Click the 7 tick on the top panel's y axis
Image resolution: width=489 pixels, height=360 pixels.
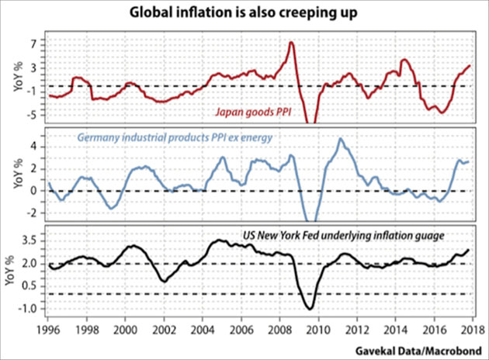pos(35,44)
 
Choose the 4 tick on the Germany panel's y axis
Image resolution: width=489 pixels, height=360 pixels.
pos(35,145)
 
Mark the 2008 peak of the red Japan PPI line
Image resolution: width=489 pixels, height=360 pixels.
pos(291,43)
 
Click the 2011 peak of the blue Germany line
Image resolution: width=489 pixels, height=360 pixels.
pos(339,140)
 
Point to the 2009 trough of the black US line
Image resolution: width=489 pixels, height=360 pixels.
pos(310,309)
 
